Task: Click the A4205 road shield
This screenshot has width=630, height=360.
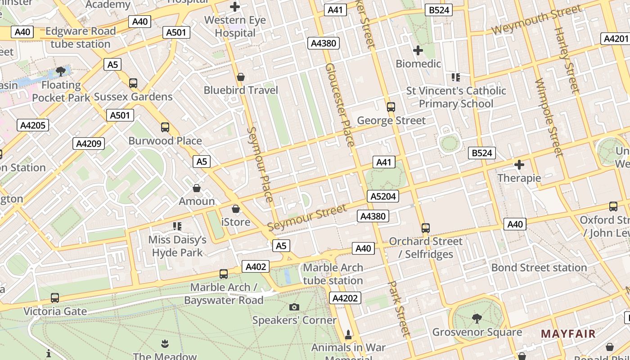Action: (33, 125)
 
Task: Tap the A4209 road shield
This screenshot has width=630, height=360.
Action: (89, 144)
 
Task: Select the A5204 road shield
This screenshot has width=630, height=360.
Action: (382, 196)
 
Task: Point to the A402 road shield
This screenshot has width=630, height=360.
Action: (256, 266)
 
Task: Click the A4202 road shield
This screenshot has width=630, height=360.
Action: (345, 298)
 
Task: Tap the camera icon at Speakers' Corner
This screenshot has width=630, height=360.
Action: (294, 307)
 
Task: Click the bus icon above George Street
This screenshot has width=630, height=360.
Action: (391, 107)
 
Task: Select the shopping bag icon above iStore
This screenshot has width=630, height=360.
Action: (236, 209)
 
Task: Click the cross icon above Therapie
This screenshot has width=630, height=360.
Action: (519, 165)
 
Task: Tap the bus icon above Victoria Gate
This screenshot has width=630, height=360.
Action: (55, 298)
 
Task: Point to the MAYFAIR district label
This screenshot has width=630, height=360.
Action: (568, 334)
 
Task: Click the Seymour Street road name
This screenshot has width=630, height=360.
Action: (307, 217)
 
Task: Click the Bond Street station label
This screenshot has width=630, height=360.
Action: (539, 268)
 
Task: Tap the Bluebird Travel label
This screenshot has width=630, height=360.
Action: (241, 90)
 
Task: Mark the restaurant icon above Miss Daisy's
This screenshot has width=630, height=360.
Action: (177, 226)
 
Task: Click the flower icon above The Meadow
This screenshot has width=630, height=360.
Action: (165, 344)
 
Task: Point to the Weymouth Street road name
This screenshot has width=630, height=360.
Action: (536, 20)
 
